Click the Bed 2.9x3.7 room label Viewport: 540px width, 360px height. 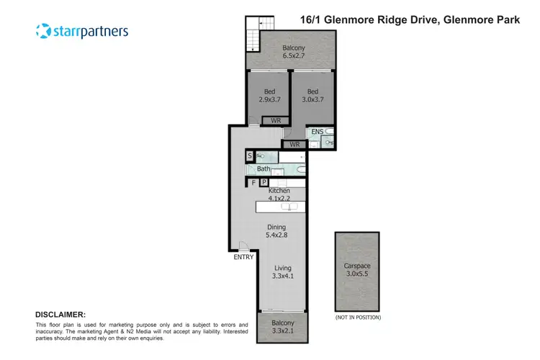269,96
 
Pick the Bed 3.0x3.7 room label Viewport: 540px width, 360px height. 312,96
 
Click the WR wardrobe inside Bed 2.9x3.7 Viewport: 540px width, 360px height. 276,120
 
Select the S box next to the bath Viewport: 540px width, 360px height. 250,156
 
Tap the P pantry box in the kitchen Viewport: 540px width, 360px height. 264,183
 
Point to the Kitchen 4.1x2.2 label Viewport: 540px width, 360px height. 279,194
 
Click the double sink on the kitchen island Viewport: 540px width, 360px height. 289,207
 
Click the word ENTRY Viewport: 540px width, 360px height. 243,257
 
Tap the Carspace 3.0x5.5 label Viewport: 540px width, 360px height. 357,269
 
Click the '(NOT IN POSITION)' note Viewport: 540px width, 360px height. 357,317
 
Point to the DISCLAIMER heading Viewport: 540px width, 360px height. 60,315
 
